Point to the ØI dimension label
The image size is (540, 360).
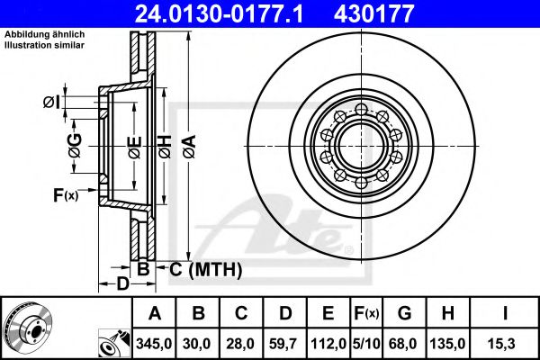tap(53, 103)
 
